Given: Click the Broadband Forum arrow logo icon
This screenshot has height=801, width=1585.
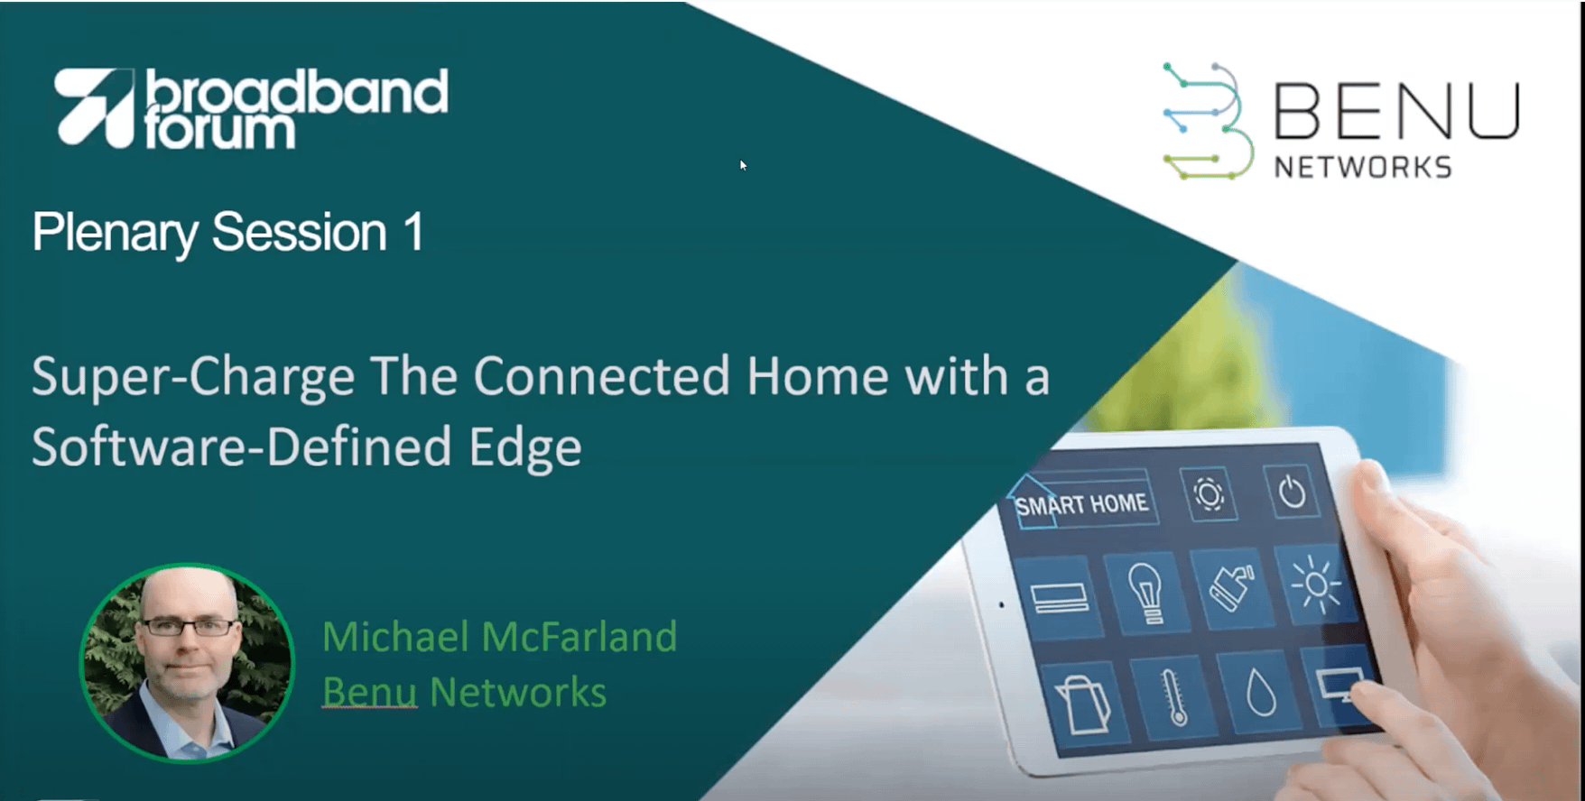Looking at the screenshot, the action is (94, 107).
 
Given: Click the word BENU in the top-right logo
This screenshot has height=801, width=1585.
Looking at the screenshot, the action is (1396, 112).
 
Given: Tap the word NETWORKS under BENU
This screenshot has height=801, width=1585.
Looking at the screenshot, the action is (1363, 167).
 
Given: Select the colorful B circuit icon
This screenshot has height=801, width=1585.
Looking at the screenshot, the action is (1208, 121).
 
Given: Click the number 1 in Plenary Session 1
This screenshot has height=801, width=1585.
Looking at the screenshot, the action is (413, 232).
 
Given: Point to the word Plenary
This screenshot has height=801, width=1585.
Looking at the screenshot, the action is (115, 234).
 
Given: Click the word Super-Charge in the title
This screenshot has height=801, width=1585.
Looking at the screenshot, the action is (193, 376).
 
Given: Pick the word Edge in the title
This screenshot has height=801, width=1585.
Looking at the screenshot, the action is (525, 448).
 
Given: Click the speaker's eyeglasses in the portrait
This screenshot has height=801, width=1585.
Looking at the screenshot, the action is (189, 627).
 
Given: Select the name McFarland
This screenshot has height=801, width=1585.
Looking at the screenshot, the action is (579, 636).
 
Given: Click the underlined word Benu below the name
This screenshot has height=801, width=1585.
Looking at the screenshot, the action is (369, 692).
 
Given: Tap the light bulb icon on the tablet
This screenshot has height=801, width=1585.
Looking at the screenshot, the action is (1145, 592).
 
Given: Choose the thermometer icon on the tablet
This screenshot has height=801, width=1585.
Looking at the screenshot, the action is (1174, 697).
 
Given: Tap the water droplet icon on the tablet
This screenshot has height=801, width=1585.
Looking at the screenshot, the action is (1260, 694).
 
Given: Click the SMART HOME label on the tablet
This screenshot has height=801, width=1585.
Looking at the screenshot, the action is (1081, 503).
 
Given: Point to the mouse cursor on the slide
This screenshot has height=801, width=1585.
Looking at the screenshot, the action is (743, 165).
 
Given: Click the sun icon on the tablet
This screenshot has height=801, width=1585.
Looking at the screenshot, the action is (1316, 585).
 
